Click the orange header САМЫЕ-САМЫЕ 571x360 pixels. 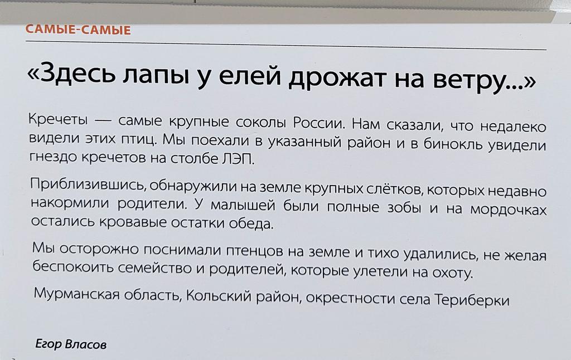tap(79, 30)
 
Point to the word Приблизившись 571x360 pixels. tap(81, 185)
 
